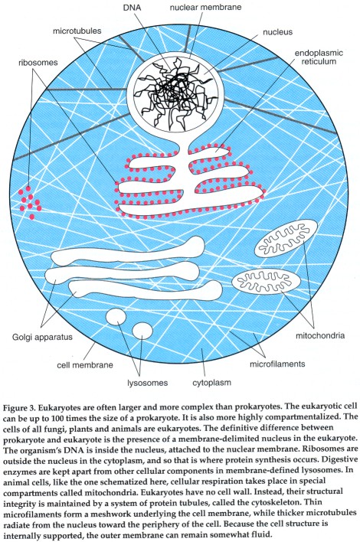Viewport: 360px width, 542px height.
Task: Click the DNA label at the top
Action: (x=132, y=7)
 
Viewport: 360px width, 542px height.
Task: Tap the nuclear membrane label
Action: (x=205, y=7)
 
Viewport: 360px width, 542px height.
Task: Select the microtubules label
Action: (x=77, y=31)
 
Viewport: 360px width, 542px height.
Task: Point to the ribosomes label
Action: (x=38, y=63)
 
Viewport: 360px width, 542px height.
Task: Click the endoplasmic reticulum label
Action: (x=319, y=57)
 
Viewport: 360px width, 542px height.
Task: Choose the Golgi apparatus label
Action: (x=43, y=337)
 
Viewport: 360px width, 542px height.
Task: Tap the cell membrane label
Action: (x=85, y=364)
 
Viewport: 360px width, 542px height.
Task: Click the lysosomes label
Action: (x=148, y=383)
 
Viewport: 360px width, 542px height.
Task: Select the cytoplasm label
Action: (x=211, y=383)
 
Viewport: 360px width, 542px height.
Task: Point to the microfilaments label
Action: (x=277, y=364)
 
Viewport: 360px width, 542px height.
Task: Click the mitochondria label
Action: (x=320, y=335)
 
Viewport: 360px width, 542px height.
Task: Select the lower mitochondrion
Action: (x=267, y=281)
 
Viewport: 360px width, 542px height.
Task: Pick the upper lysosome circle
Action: (x=116, y=318)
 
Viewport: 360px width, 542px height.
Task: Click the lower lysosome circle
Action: (x=142, y=331)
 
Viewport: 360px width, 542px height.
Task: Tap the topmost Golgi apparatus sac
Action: (x=128, y=252)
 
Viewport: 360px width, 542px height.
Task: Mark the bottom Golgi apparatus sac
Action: (x=146, y=290)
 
